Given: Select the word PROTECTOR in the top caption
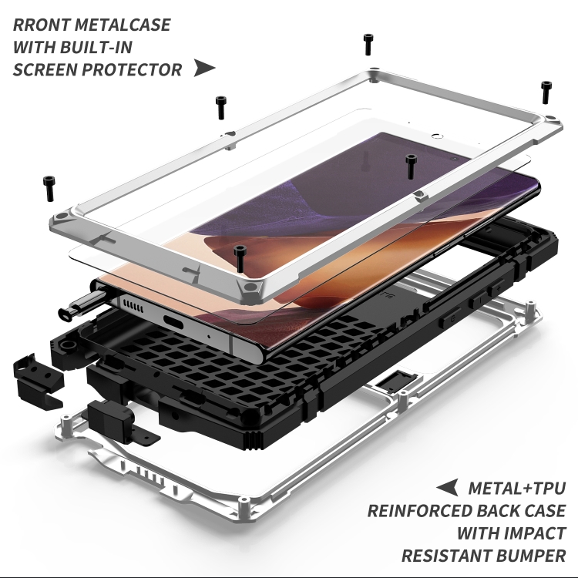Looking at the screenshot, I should (136, 69).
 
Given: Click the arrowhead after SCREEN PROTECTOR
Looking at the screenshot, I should (204, 68).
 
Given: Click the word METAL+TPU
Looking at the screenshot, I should (517, 488).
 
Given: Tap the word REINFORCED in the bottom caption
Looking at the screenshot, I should (428, 510).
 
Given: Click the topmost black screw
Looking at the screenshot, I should (368, 45).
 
